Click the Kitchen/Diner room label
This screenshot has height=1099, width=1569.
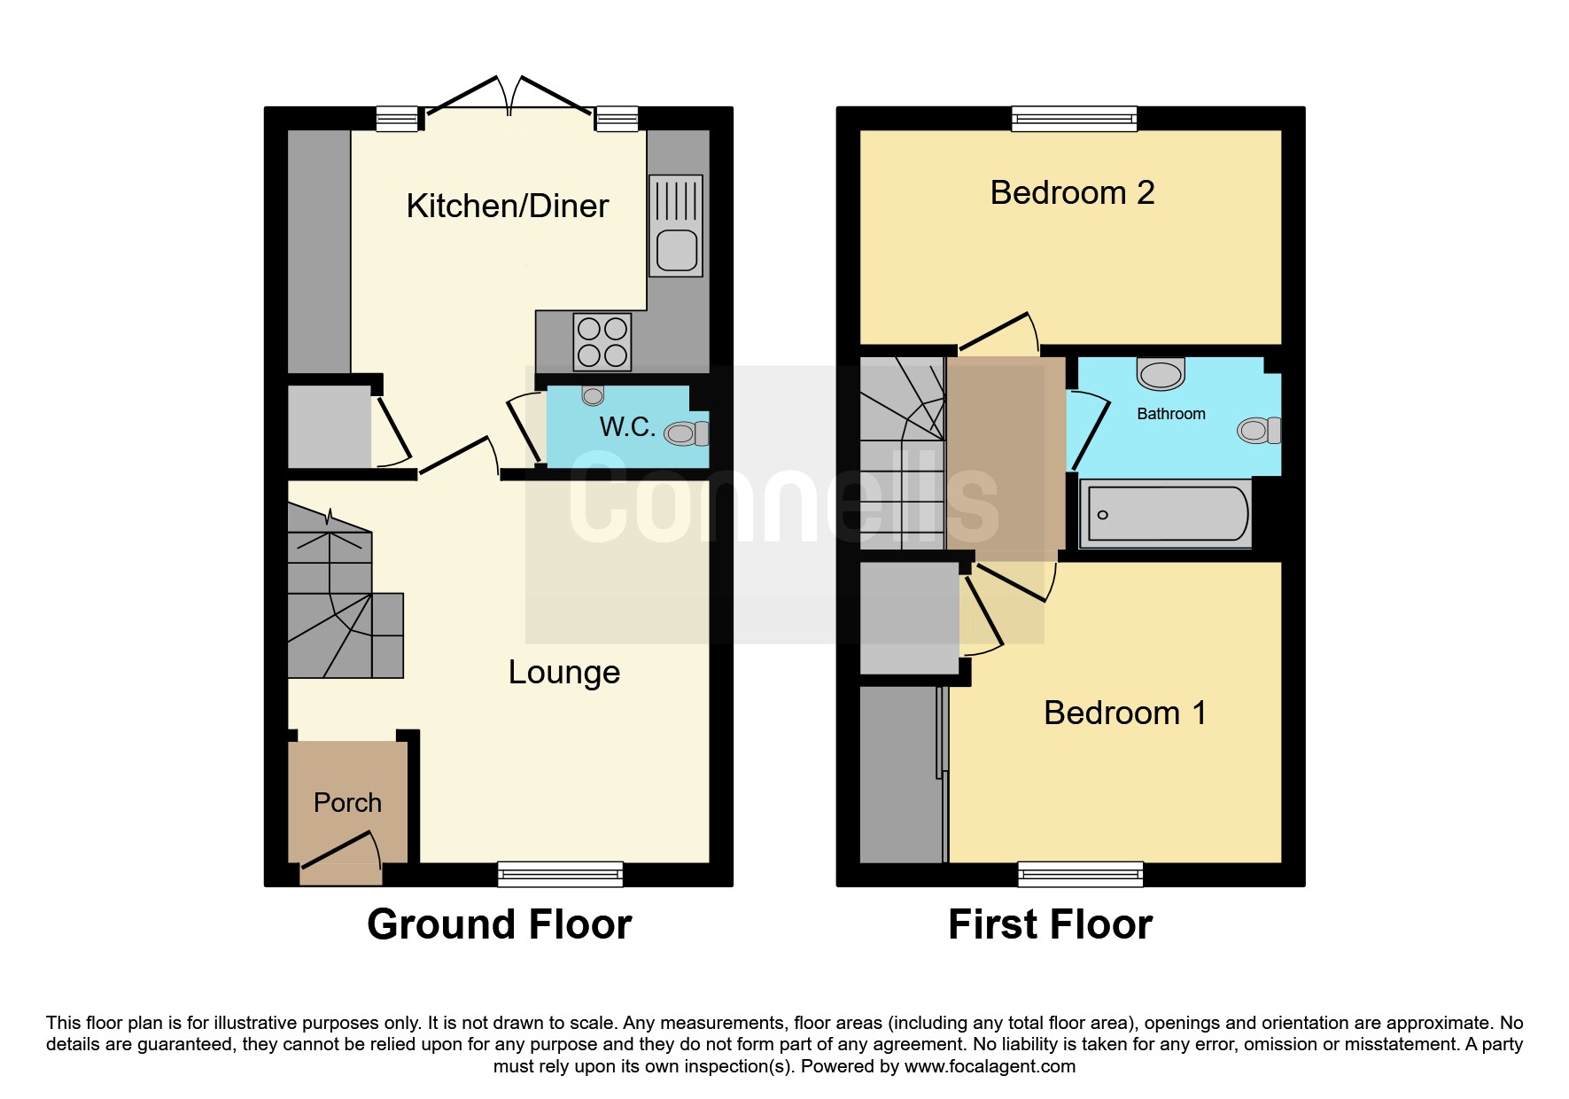tap(508, 206)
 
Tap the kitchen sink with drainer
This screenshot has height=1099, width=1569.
tap(676, 225)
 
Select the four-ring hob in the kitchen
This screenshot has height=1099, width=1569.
tap(602, 342)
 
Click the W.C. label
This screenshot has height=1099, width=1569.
tap(628, 427)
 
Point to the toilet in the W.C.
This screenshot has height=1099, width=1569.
tap(687, 433)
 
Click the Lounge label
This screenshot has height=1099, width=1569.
tap(564, 673)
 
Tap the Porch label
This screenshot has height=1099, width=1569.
tap(347, 803)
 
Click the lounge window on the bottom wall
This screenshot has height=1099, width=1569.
tap(560, 875)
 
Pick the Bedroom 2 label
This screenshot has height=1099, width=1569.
tap(1072, 192)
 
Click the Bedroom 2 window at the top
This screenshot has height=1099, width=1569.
tap(1074, 119)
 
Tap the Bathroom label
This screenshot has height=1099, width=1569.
tap(1171, 414)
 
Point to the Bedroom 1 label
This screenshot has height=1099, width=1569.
tap(1125, 713)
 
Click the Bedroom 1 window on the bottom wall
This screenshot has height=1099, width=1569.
tap(1081, 875)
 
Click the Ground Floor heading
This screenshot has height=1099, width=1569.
tap(499, 925)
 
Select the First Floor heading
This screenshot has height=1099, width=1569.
tap(1050, 925)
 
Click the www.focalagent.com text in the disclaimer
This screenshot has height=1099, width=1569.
tap(990, 1066)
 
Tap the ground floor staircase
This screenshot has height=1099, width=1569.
tap(346, 592)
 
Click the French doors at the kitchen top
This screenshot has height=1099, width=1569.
tap(509, 96)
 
